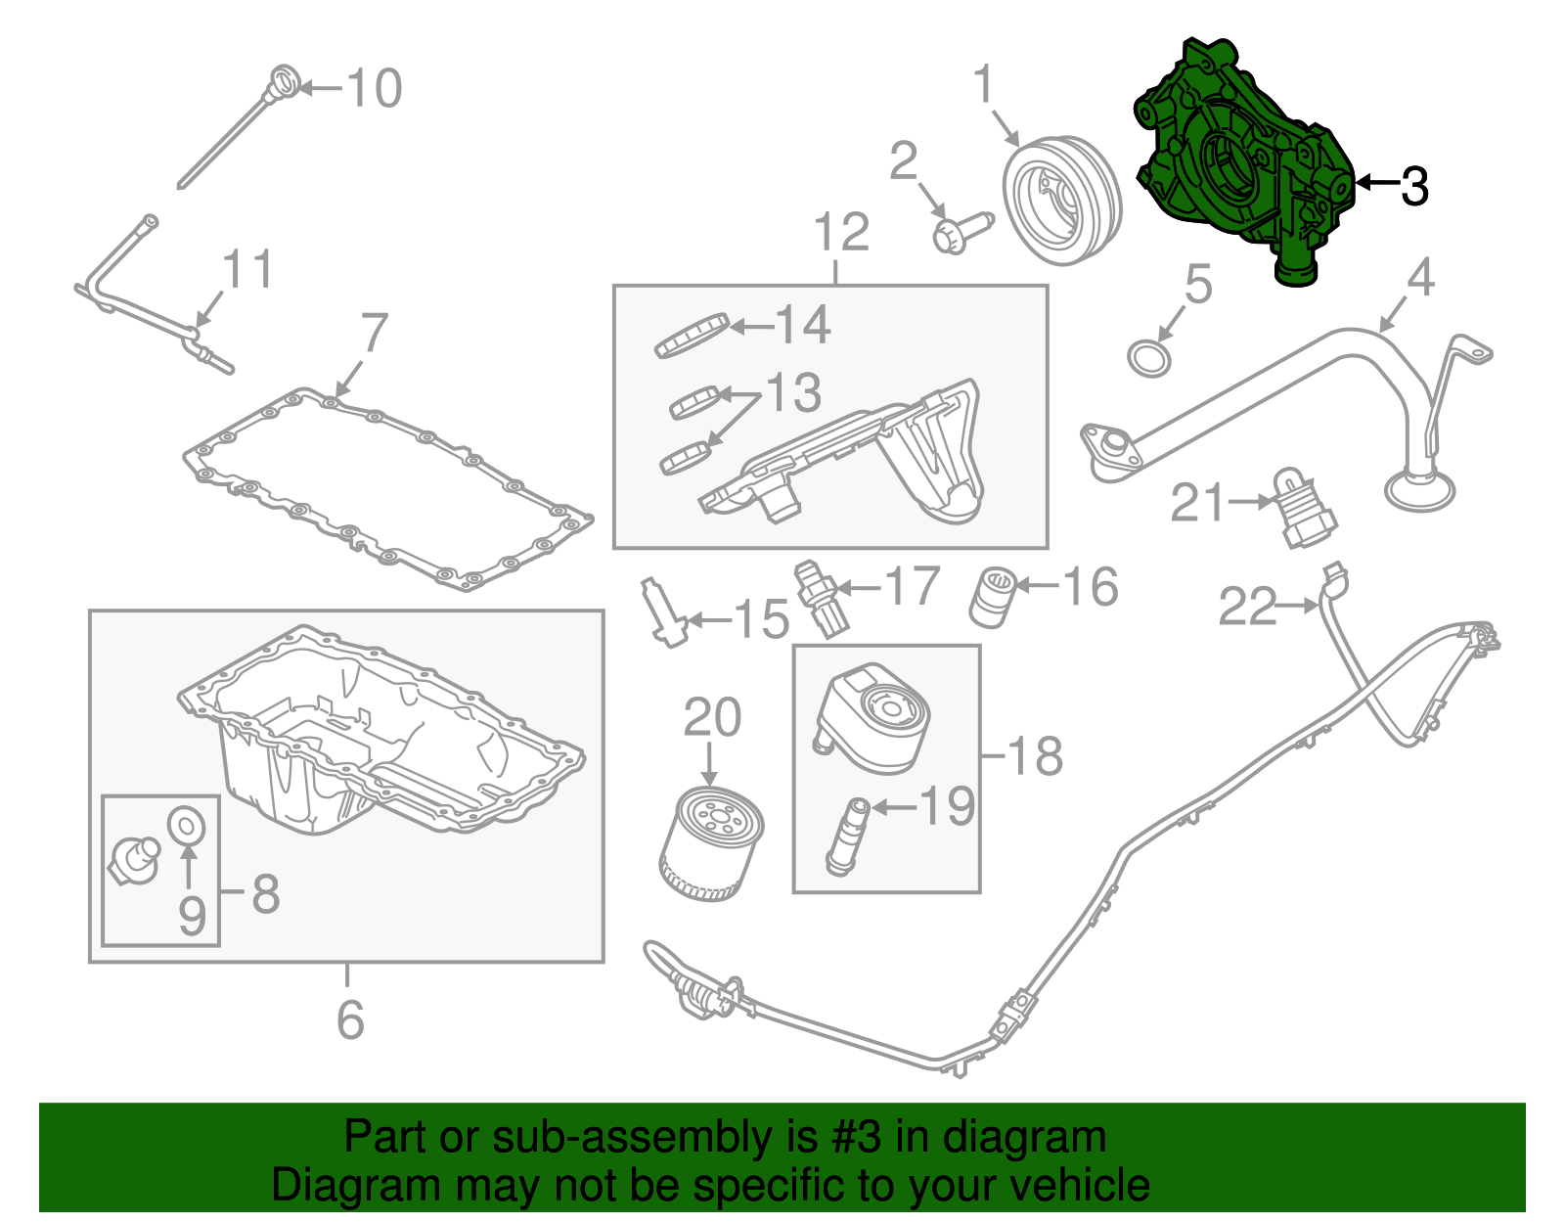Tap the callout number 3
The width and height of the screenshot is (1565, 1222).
click(1414, 186)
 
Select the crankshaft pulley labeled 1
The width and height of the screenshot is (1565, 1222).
click(1062, 202)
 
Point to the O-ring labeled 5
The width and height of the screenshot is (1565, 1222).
click(1149, 358)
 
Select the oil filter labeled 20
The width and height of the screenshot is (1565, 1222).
click(711, 844)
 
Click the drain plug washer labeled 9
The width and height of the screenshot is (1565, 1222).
click(187, 826)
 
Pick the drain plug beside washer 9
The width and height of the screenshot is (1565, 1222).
click(134, 859)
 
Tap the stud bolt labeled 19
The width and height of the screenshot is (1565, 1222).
click(847, 837)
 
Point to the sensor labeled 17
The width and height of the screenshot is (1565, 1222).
click(822, 598)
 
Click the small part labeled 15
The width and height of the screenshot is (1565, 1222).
click(662, 612)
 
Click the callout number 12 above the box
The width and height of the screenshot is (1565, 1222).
click(840, 233)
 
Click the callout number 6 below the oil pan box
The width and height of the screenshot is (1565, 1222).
click(350, 1019)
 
